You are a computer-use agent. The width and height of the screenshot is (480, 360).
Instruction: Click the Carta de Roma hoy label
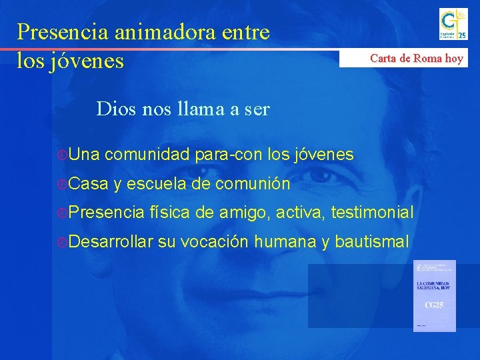click(x=416, y=58)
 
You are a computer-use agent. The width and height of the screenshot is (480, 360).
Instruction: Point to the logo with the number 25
click(x=453, y=24)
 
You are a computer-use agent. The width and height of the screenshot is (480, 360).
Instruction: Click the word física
click(x=169, y=213)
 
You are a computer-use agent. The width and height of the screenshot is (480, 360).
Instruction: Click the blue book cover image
click(x=434, y=295)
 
